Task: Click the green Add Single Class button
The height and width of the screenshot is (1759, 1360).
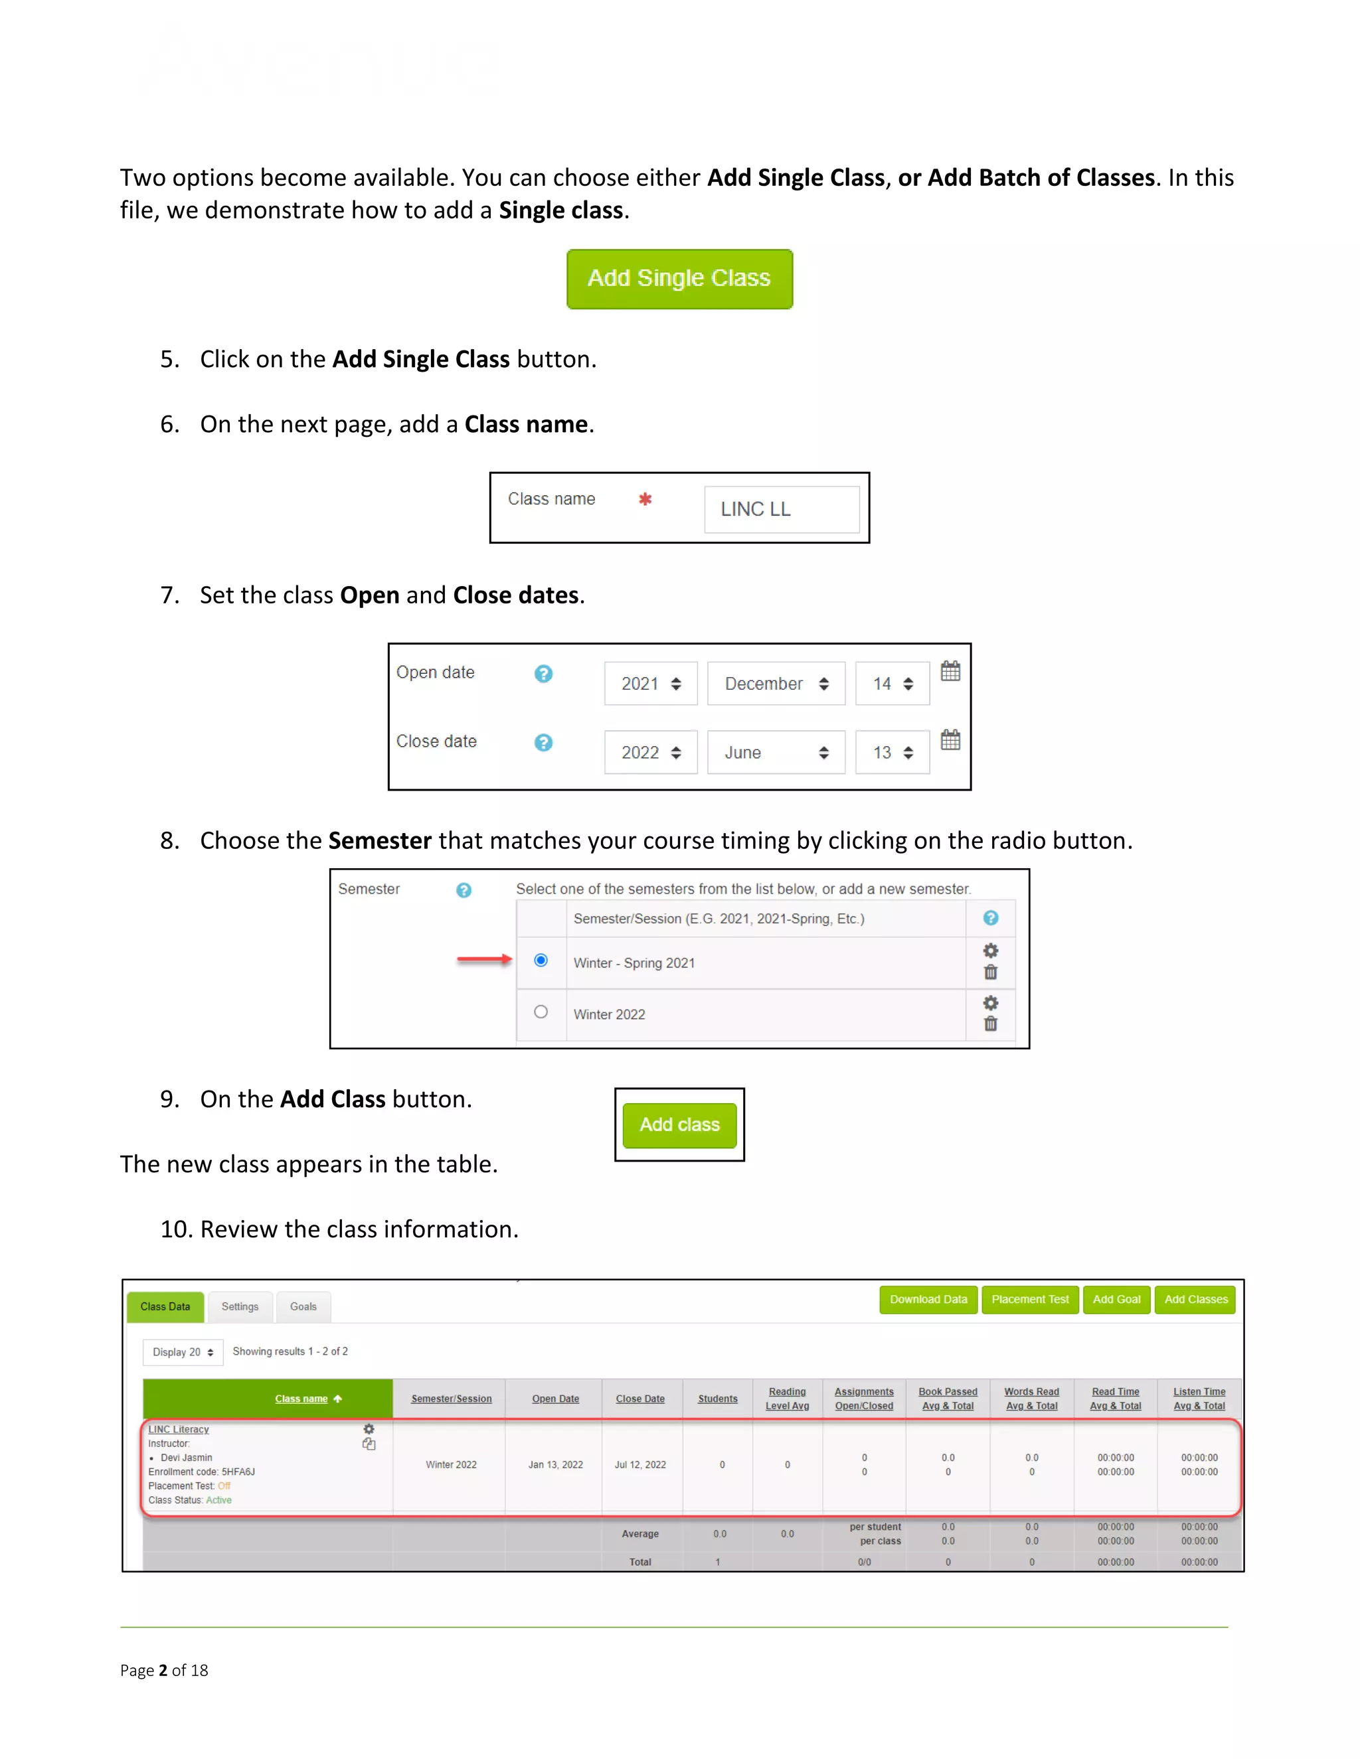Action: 679,279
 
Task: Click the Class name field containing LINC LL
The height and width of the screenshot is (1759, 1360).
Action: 782,509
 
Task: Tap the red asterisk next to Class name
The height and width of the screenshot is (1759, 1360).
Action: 645,499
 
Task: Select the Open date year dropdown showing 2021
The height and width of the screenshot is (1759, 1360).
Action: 651,684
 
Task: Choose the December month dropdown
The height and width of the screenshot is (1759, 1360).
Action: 776,684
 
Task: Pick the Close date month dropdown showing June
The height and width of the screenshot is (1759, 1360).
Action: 776,752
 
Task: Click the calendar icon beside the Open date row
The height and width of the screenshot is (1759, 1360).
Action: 951,671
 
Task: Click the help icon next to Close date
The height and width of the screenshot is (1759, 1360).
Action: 544,743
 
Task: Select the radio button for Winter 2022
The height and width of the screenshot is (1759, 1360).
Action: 541,1012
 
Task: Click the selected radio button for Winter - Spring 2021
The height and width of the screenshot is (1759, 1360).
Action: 541,960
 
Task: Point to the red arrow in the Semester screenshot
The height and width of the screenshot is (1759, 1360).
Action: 484,958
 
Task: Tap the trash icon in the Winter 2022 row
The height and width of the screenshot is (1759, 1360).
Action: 990,1024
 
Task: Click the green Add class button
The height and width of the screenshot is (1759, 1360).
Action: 679,1124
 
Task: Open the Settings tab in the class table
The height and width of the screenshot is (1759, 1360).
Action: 240,1306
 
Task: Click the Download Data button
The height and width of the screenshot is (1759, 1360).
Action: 928,1299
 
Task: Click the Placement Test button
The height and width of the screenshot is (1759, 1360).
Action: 1030,1299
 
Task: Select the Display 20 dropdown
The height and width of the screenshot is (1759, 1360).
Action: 183,1352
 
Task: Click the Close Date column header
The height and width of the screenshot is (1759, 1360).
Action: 641,1399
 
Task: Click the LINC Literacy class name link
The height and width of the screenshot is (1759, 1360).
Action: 179,1430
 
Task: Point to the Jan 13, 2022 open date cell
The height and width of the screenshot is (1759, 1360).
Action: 555,1464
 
